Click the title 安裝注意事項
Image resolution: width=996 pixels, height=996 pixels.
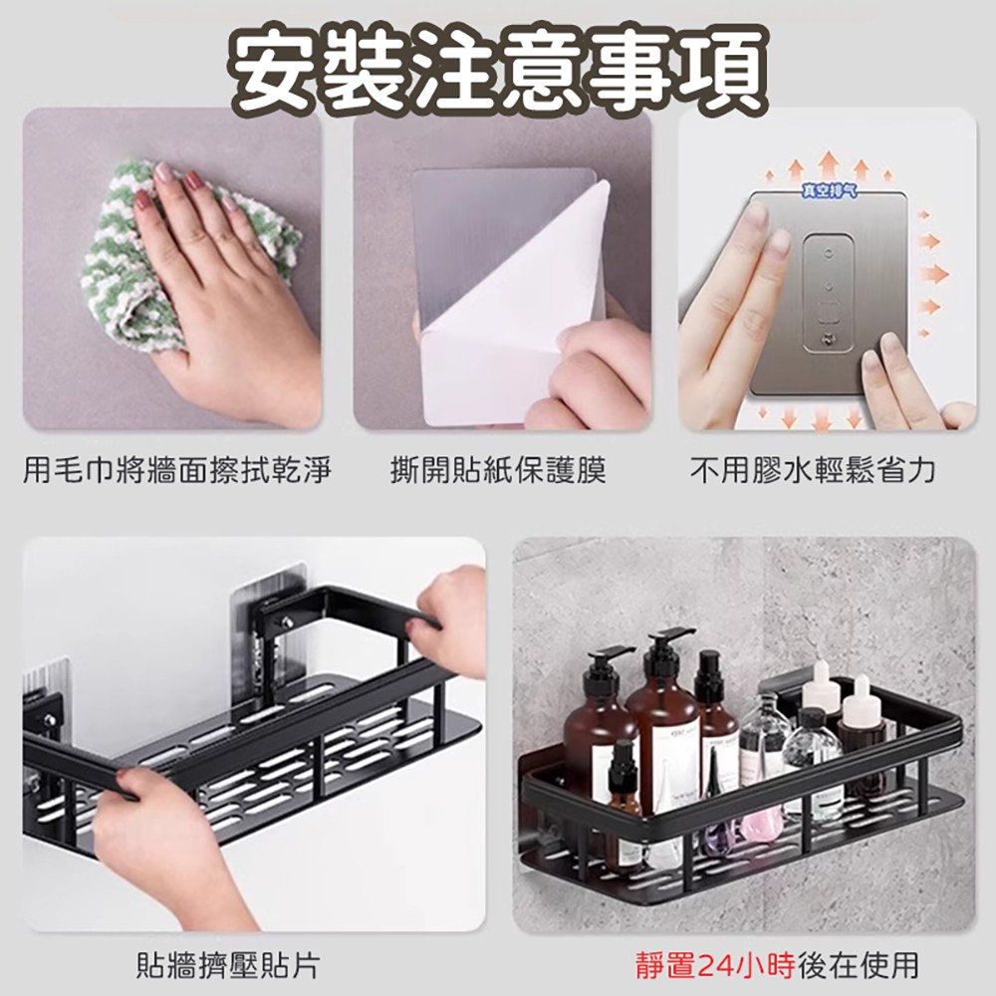click(498, 70)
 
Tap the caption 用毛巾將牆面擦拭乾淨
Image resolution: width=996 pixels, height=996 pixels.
click(177, 471)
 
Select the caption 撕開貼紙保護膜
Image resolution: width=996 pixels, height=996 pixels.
click(499, 471)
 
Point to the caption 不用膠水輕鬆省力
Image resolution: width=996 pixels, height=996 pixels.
click(813, 471)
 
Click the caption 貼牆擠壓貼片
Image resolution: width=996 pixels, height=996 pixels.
click(228, 965)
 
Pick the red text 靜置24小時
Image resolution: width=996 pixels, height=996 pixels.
click(715, 965)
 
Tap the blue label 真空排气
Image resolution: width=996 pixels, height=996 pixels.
click(829, 189)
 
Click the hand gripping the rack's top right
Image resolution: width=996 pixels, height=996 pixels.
click(448, 620)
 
